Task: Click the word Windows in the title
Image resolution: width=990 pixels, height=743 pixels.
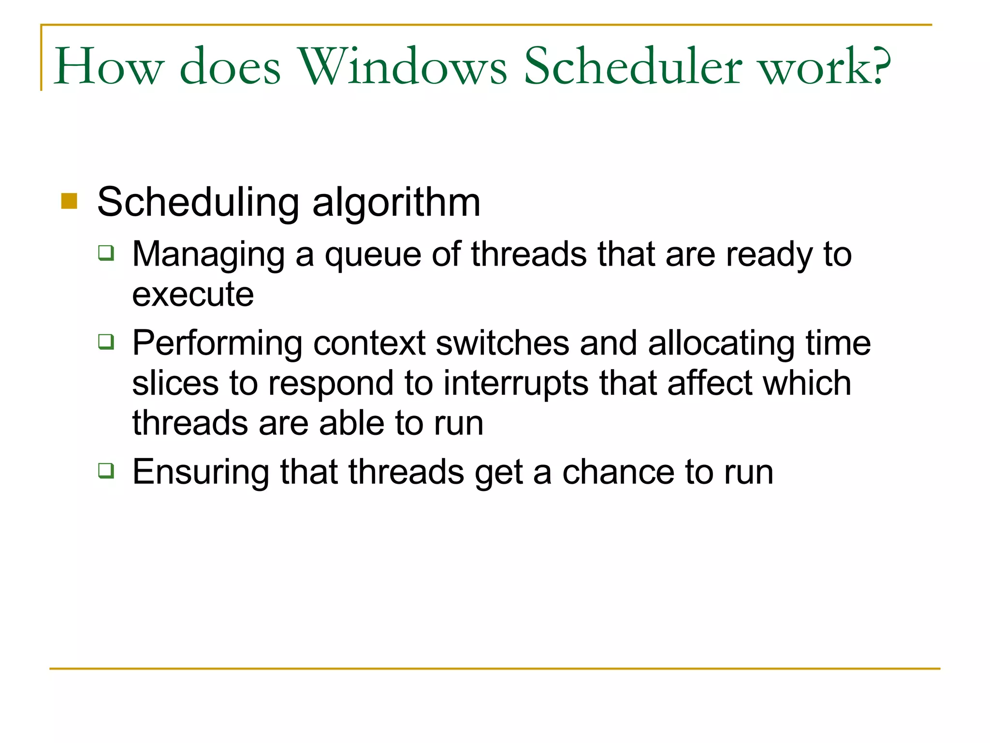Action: (403, 67)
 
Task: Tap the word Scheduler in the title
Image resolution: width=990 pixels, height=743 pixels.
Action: (632, 67)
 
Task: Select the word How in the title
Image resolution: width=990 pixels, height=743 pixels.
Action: (109, 67)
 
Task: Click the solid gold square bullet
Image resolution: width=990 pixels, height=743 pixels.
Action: (69, 201)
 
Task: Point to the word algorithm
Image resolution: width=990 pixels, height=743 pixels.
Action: (396, 203)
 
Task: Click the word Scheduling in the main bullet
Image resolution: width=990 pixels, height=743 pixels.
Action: (198, 203)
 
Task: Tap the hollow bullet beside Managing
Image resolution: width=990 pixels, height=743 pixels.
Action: (106, 253)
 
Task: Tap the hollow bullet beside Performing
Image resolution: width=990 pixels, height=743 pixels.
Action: (106, 342)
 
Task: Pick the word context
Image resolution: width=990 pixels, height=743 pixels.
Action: (369, 343)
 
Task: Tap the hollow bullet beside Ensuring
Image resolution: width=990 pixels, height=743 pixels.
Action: (106, 470)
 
